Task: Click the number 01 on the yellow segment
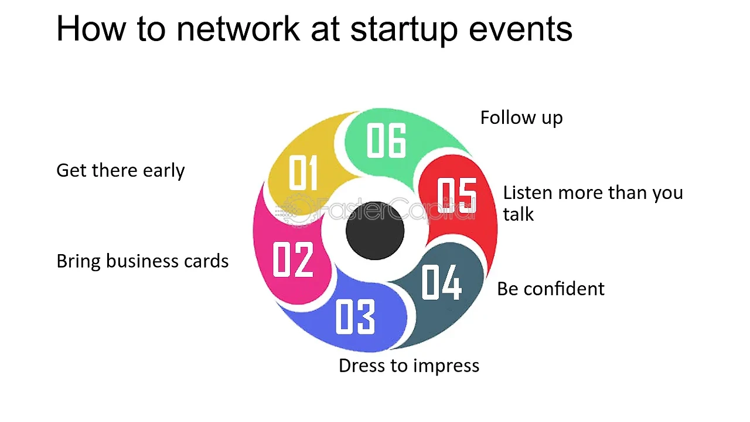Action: tap(303, 173)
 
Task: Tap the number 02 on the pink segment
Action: tap(293, 259)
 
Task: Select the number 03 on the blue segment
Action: tap(355, 317)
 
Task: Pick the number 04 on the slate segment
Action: tap(441, 282)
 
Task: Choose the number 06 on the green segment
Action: tap(386, 140)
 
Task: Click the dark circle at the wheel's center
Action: tap(375, 231)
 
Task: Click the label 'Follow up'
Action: tap(521, 119)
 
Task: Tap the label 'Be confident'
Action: tap(551, 289)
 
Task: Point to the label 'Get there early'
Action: tap(121, 171)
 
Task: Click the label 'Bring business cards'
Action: tap(142, 261)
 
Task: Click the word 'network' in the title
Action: tap(238, 29)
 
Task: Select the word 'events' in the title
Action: tap(521, 30)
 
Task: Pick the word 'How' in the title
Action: tap(91, 29)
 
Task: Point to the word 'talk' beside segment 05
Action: tap(519, 214)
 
